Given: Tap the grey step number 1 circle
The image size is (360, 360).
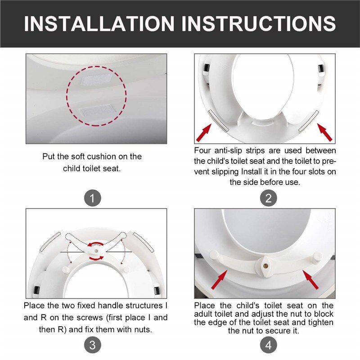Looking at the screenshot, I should point(92,198).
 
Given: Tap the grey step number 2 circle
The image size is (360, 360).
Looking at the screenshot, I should point(268,198).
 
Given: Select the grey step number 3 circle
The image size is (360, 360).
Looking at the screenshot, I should point(92,345).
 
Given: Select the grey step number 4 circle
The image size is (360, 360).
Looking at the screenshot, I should point(268,345).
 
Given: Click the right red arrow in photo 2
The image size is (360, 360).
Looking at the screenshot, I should point(325,132).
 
